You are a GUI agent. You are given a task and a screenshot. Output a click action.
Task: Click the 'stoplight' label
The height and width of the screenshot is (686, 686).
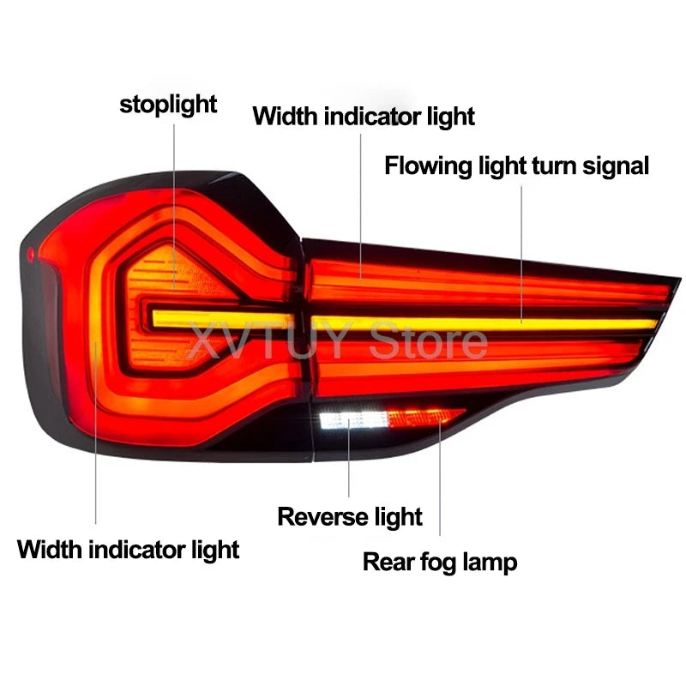tap(168, 105)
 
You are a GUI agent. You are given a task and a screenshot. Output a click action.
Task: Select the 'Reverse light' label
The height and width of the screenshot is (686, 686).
tap(350, 517)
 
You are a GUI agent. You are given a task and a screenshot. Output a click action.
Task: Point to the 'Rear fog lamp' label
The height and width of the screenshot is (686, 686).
tap(440, 562)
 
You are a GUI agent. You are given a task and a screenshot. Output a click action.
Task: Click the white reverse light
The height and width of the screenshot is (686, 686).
tap(353, 420)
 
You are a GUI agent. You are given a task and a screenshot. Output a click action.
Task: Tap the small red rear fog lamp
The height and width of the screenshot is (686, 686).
tap(425, 418)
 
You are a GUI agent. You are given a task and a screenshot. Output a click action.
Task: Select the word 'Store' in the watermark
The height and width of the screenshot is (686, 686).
tap(428, 340)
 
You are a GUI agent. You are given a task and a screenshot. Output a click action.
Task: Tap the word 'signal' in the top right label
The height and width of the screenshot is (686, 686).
tap(616, 166)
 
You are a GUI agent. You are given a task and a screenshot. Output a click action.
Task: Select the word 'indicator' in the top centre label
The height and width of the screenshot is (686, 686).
tap(373, 117)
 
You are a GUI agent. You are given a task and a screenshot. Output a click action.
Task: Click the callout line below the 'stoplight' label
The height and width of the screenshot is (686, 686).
tap(174, 207)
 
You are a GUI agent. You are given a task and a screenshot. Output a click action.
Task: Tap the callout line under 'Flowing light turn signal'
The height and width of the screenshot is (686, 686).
tap(521, 255)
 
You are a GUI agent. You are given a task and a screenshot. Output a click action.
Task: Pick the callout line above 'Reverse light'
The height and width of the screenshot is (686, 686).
tap(349, 458)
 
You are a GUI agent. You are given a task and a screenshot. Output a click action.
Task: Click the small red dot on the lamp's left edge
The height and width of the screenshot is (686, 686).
tap(31, 254)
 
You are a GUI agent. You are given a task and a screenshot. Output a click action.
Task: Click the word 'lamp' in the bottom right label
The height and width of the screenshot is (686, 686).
tap(490, 563)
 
